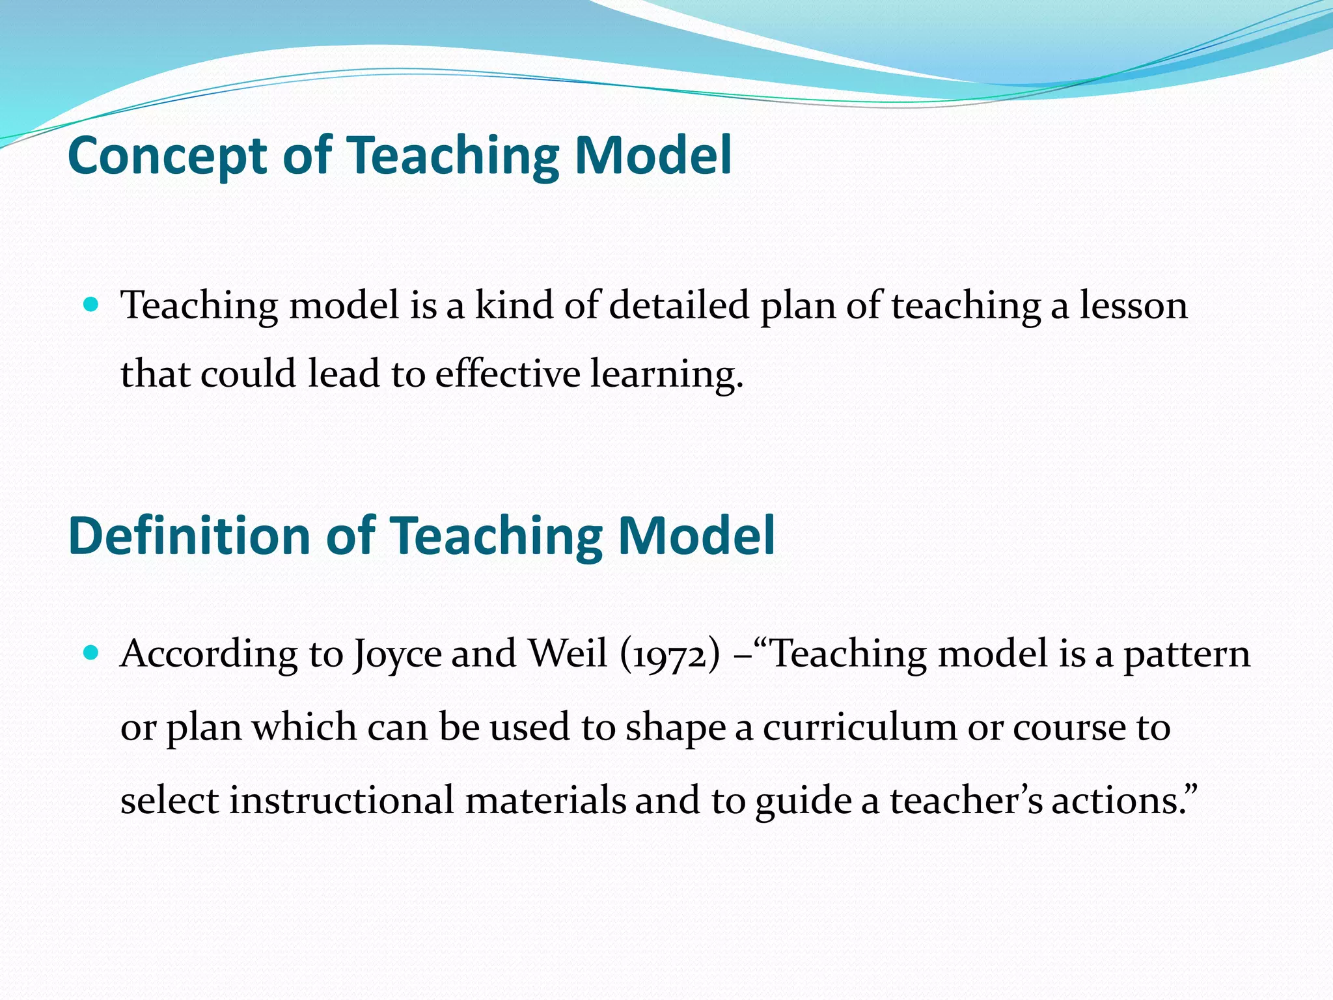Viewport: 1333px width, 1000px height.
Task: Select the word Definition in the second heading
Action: [x=189, y=536]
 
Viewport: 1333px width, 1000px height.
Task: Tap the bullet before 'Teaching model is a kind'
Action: [x=91, y=304]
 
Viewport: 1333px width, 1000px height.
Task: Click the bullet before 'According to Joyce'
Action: [x=91, y=652]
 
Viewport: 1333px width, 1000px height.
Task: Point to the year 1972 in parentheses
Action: [x=670, y=654]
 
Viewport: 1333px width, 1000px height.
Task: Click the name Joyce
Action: [x=397, y=654]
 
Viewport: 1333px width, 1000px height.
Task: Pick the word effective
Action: [x=508, y=374]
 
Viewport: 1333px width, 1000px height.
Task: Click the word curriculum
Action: [x=859, y=727]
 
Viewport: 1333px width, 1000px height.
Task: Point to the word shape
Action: [x=675, y=728]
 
